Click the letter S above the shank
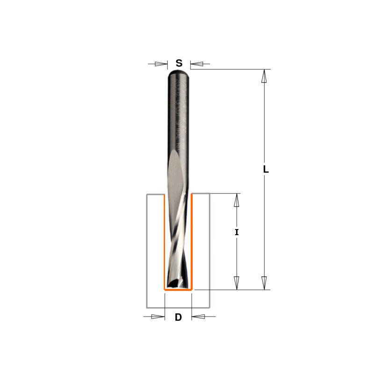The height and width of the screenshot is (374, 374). coord(179,64)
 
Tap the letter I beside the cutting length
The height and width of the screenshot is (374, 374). coord(237,232)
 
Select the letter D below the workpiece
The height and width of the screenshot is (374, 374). coord(178,317)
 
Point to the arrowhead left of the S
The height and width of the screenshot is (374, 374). coord(161,64)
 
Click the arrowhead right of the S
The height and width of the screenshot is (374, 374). coord(196,64)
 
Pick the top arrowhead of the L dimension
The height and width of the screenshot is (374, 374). coord(264,76)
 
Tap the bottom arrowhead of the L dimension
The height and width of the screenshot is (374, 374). coord(264,283)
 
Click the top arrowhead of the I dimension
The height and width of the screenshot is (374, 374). coord(237,200)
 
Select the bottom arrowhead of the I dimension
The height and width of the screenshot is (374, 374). coord(237,283)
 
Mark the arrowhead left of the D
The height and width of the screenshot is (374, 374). coord(158,317)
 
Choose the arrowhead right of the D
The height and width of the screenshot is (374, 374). coord(198,317)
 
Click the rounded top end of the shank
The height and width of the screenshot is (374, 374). coord(179,72)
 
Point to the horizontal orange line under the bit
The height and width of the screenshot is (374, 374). coord(178,290)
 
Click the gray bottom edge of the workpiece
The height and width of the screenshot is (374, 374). coord(178,308)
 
